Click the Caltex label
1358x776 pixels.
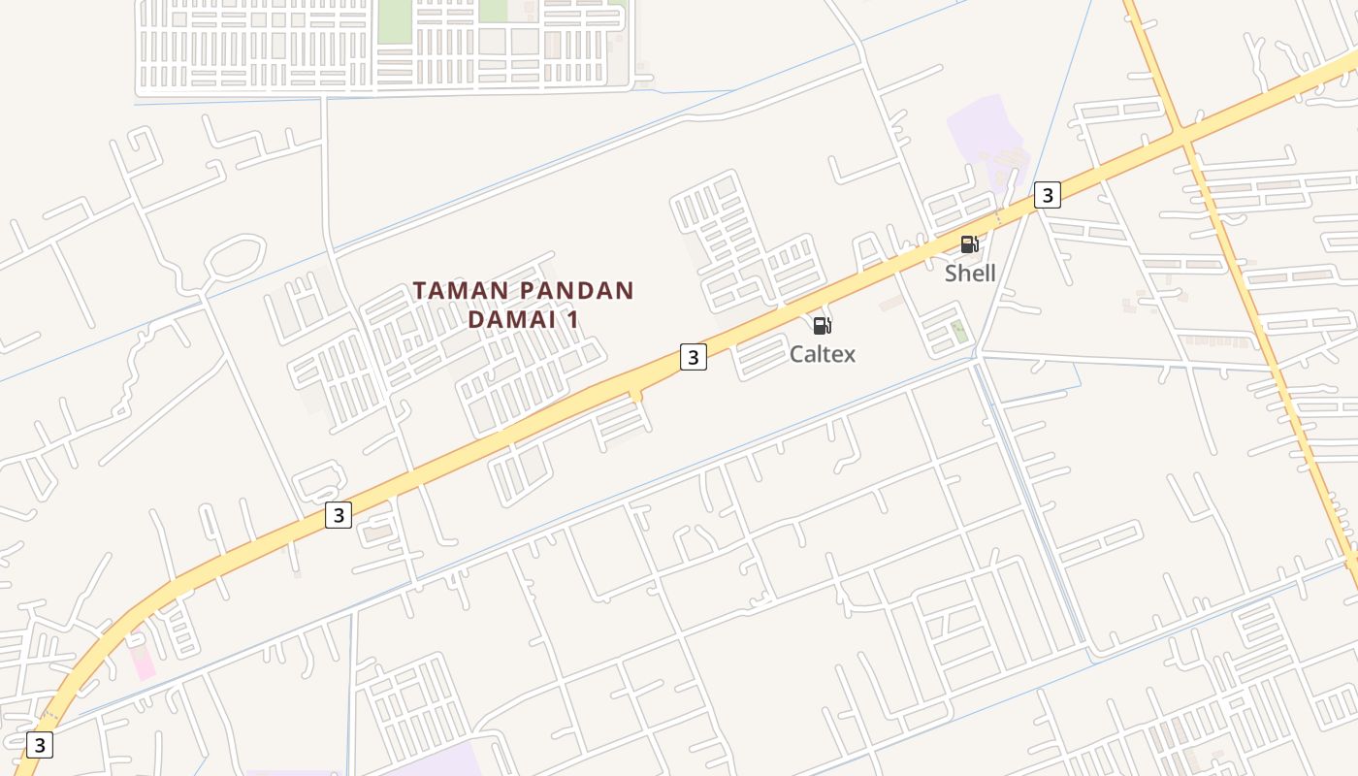click(823, 354)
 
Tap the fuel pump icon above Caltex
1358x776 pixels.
click(822, 326)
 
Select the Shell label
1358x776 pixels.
click(970, 273)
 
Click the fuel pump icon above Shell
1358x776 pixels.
click(969, 244)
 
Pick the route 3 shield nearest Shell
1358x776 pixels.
click(1047, 195)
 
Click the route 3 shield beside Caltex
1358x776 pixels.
click(693, 357)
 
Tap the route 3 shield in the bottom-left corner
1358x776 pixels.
click(39, 745)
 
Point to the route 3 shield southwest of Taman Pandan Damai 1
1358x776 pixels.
click(338, 515)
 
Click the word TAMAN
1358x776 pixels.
click(457, 291)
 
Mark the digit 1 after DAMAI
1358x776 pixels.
click(573, 318)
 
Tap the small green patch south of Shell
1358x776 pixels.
click(958, 331)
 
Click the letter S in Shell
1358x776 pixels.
click(952, 273)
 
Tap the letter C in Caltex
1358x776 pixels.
click(797, 354)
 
